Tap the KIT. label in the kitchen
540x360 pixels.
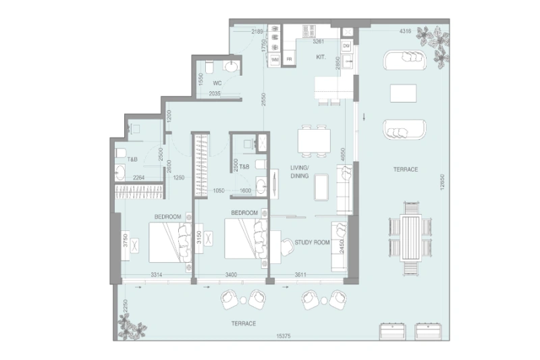click(x=321, y=58)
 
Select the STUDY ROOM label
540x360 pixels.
click(x=312, y=242)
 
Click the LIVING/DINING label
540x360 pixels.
click(x=299, y=172)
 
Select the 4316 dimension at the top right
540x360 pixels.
click(x=405, y=31)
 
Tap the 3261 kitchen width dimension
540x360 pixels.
click(x=320, y=41)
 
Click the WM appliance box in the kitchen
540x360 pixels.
click(x=275, y=59)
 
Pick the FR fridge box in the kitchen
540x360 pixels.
click(x=289, y=59)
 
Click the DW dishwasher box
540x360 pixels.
click(x=346, y=45)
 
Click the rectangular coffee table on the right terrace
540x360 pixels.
click(x=404, y=93)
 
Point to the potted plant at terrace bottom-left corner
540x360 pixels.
click(x=131, y=328)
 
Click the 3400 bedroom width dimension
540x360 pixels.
click(x=230, y=275)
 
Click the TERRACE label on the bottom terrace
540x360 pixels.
click(x=243, y=324)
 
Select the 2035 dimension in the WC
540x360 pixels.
click(x=215, y=94)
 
